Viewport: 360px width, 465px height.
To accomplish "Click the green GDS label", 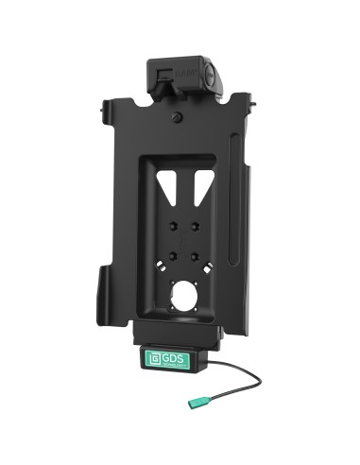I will point(167,359).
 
